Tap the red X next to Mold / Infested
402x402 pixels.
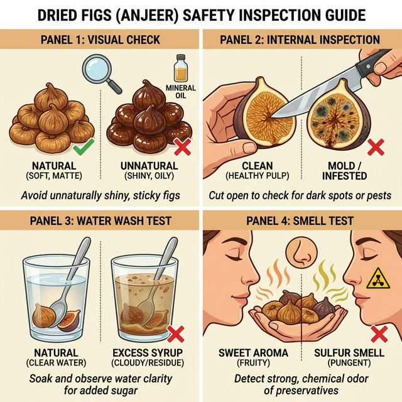(x=376, y=148)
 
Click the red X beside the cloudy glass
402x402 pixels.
(x=182, y=331)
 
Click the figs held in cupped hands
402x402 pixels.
(x=300, y=305)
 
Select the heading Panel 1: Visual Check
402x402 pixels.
(x=100, y=40)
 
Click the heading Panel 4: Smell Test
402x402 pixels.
(x=300, y=221)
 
